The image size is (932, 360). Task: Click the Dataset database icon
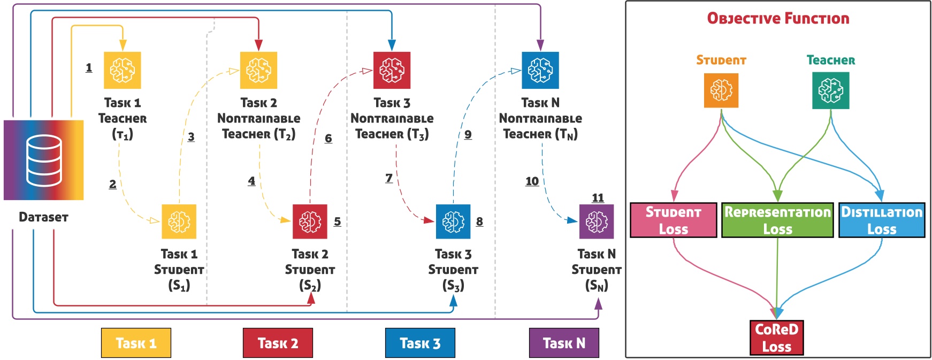click(x=44, y=160)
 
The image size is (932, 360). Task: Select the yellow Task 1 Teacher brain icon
click(x=122, y=70)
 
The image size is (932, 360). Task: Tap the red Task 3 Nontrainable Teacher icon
click(x=392, y=70)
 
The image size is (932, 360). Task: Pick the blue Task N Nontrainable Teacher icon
click(x=540, y=70)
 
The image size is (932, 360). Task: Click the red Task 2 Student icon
click(x=310, y=221)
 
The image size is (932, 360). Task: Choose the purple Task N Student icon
click(x=597, y=221)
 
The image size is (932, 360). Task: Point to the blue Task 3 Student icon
click(x=453, y=221)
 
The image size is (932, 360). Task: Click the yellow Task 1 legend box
click(x=136, y=343)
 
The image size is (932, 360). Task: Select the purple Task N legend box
click(x=564, y=343)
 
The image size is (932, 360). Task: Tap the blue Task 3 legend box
click(x=420, y=343)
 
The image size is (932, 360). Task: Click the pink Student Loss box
click(x=673, y=220)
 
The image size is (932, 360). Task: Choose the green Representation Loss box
click(x=777, y=220)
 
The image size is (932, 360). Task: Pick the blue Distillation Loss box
click(x=882, y=220)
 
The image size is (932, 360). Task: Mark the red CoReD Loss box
click(x=777, y=338)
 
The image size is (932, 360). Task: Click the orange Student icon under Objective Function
click(x=721, y=90)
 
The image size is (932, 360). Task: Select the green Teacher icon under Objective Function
click(x=831, y=90)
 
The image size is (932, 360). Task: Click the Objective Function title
click(x=778, y=18)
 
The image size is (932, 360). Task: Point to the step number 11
click(x=598, y=198)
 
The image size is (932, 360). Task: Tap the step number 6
click(x=329, y=139)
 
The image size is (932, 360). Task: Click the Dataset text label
click(x=44, y=217)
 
